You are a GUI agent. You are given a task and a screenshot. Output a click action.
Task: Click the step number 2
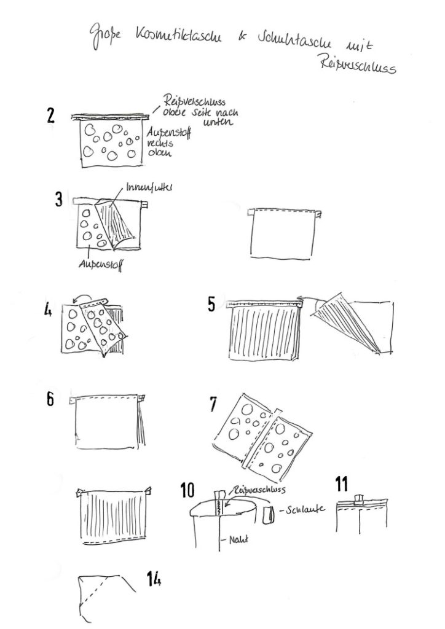coord(52,117)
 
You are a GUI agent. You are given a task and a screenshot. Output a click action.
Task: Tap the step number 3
coord(58,200)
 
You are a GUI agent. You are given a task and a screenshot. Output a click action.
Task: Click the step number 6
coord(50,400)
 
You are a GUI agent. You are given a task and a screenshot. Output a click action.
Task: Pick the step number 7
coord(213,404)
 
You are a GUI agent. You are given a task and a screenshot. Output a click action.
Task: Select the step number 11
coord(342,483)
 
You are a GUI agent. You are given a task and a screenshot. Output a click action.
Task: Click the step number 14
coord(154,577)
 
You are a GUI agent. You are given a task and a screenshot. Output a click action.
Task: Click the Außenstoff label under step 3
coord(98,266)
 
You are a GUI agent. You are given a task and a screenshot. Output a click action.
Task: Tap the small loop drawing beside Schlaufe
coord(269,515)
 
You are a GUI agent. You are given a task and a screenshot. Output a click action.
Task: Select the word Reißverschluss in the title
coord(358,65)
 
